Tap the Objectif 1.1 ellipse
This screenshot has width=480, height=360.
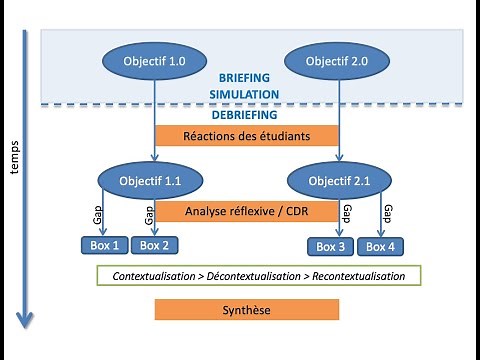(154, 181)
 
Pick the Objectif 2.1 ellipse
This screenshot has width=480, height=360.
(335, 181)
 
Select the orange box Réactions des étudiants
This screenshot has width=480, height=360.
(243, 136)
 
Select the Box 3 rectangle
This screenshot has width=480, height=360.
(331, 246)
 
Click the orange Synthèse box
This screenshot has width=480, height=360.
(245, 310)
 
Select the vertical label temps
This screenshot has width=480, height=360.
(15, 154)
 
